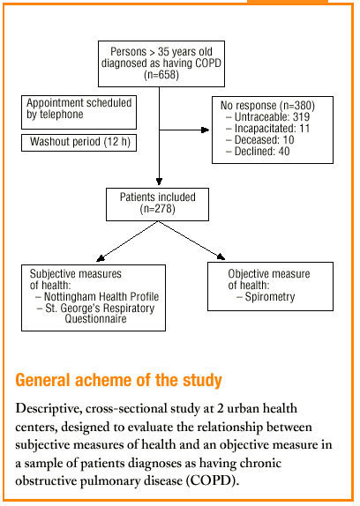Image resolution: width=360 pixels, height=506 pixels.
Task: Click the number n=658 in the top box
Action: pos(161,75)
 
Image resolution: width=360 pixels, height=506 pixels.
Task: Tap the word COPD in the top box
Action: pos(208,63)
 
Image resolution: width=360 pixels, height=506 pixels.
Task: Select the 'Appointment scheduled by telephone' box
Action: pos(79,112)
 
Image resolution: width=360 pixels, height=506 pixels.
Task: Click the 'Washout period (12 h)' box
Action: pos(79,142)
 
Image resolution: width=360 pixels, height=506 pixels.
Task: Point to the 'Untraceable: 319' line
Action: pos(267,117)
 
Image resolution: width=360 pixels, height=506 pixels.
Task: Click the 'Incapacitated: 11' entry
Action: pos(267,129)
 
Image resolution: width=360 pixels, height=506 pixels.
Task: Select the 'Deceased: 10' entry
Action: pos(260,140)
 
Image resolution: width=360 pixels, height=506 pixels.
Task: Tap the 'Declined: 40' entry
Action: pos(258,151)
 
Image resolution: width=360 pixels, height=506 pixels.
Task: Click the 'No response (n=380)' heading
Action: pos(267,106)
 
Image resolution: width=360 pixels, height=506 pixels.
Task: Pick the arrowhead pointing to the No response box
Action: pos(206,130)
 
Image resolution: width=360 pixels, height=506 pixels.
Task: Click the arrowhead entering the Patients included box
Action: pos(159,181)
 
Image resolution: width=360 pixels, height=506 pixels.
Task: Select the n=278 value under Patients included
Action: pos(158,209)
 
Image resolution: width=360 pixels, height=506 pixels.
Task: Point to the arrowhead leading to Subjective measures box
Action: pos(100,257)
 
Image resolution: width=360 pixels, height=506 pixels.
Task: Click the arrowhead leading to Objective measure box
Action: pos(221,257)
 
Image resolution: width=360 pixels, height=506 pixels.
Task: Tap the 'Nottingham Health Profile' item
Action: pos(101,296)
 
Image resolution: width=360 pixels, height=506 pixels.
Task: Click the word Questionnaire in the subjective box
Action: pos(95,319)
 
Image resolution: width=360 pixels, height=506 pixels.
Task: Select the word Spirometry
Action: pos(270,296)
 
